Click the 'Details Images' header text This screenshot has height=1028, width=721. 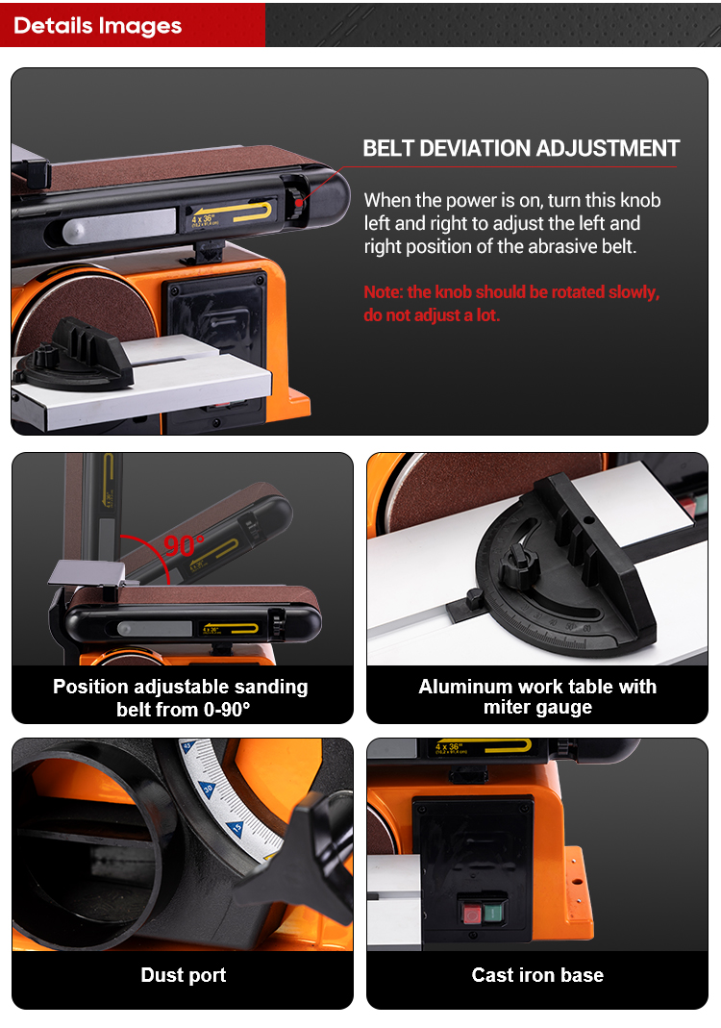98,26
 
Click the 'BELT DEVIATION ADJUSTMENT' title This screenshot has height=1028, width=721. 521,148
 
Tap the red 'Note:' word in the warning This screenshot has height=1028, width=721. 383,291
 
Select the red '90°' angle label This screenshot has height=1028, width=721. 185,545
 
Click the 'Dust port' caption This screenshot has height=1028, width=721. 184,975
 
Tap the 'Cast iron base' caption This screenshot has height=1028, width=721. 537,975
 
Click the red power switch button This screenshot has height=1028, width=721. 472,914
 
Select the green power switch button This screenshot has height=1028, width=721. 493,912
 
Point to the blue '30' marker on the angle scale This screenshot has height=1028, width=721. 209,789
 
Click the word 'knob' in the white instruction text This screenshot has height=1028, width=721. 640,200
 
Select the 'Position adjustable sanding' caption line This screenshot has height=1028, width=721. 181,687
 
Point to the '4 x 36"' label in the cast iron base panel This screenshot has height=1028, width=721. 448,747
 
